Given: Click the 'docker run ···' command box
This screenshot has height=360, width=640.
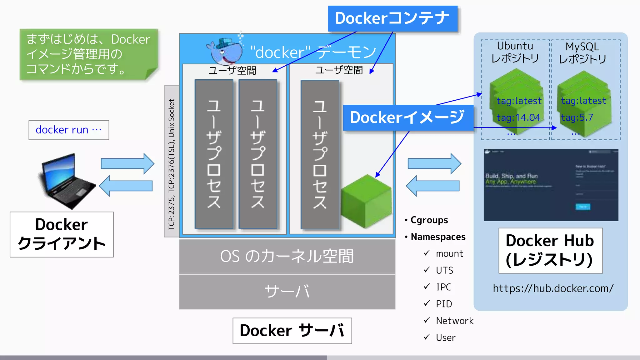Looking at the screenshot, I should [x=69, y=130].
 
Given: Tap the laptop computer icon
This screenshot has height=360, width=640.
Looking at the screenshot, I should [x=67, y=181].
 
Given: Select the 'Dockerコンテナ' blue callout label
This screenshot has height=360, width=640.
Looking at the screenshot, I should [x=392, y=18].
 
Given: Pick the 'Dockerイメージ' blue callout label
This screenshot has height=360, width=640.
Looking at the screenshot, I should [x=407, y=117].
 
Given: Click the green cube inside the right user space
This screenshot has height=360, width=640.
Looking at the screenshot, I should [x=366, y=202].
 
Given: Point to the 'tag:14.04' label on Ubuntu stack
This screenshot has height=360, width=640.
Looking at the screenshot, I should [x=518, y=117].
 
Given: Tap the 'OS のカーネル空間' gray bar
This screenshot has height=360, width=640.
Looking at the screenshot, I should [x=287, y=256].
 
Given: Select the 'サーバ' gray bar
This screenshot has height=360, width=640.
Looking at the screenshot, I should [x=287, y=292].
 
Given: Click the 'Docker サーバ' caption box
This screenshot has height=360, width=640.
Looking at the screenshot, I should [x=292, y=331].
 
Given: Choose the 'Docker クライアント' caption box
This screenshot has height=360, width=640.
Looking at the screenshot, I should [x=62, y=234].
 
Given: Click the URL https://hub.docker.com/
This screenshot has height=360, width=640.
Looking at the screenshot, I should [x=553, y=288].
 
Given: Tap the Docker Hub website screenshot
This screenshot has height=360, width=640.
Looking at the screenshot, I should [x=551, y=185].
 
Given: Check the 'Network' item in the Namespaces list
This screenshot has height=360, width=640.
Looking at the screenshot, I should [x=455, y=321].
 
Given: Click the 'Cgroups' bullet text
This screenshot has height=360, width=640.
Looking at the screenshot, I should [x=429, y=220].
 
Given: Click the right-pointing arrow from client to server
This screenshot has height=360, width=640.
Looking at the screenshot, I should [x=127, y=163].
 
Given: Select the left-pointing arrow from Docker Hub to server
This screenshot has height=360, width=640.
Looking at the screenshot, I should [x=432, y=186].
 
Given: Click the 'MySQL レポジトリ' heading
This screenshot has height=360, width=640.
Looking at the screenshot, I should [x=582, y=52].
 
